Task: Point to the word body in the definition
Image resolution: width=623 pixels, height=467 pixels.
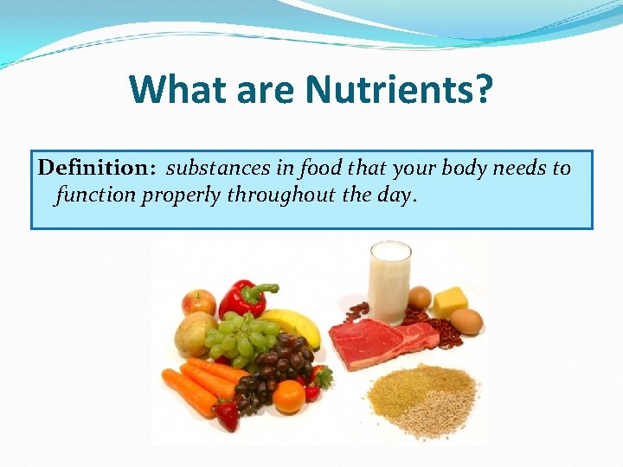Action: click(466, 168)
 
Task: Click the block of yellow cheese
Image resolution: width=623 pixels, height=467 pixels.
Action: click(450, 302)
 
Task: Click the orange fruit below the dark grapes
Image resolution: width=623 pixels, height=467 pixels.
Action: click(288, 396)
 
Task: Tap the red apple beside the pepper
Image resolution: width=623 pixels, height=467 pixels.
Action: click(199, 302)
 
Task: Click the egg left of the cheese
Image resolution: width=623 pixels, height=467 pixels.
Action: click(420, 297)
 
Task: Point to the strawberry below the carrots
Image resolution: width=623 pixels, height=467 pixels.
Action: click(228, 414)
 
